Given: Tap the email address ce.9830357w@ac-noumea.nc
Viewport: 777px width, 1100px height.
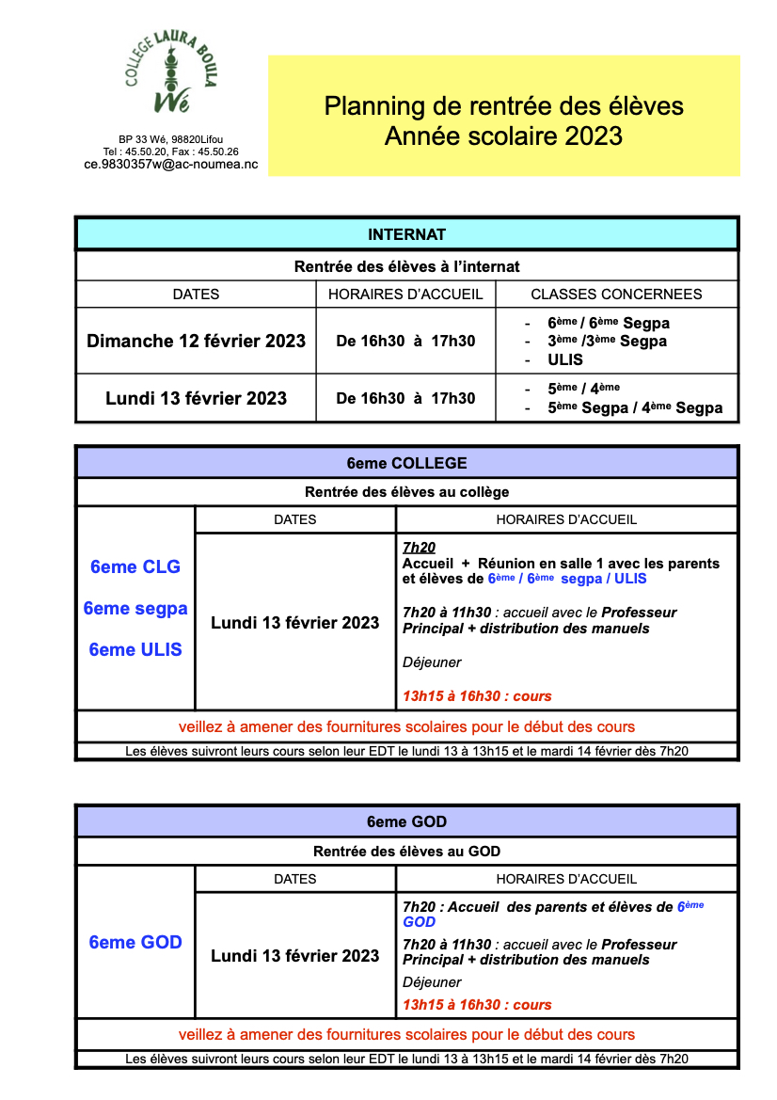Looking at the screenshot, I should point(170,164).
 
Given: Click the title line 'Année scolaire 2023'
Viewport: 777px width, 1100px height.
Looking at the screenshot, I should point(503,136).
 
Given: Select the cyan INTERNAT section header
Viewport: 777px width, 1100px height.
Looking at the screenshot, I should point(406,234).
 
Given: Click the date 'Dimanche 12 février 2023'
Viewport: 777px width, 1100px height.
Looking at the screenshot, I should point(196,341).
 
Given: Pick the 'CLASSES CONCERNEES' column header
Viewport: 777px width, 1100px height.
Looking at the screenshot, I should point(616,294).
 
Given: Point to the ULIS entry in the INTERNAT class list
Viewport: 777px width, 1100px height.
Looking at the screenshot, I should point(565,359).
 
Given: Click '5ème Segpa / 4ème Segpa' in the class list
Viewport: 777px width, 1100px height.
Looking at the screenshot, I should point(635,408).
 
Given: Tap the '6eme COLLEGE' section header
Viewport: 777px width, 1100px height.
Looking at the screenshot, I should point(406,463).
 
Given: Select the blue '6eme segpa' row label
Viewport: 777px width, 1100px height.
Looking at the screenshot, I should point(135,609).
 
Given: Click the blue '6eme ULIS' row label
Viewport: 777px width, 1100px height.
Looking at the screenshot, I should point(135,649).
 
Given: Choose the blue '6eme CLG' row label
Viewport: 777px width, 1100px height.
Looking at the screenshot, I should point(135,567).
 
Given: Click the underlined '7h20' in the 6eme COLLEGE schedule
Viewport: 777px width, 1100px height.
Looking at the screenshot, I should point(419,548).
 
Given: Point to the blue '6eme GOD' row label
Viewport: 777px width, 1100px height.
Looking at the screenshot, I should point(135,943).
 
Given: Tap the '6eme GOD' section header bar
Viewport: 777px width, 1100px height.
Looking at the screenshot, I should point(406,821).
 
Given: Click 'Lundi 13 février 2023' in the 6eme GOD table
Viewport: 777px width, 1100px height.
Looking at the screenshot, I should point(295,956).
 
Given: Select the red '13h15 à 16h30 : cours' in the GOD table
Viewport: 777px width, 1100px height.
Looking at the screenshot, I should point(477,1005).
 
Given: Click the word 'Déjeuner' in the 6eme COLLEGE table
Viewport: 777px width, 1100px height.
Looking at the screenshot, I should point(432,662).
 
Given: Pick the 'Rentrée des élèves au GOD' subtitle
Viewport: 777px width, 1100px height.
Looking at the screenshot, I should point(406,852).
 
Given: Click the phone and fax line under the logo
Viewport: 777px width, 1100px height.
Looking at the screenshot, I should point(170,151).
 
